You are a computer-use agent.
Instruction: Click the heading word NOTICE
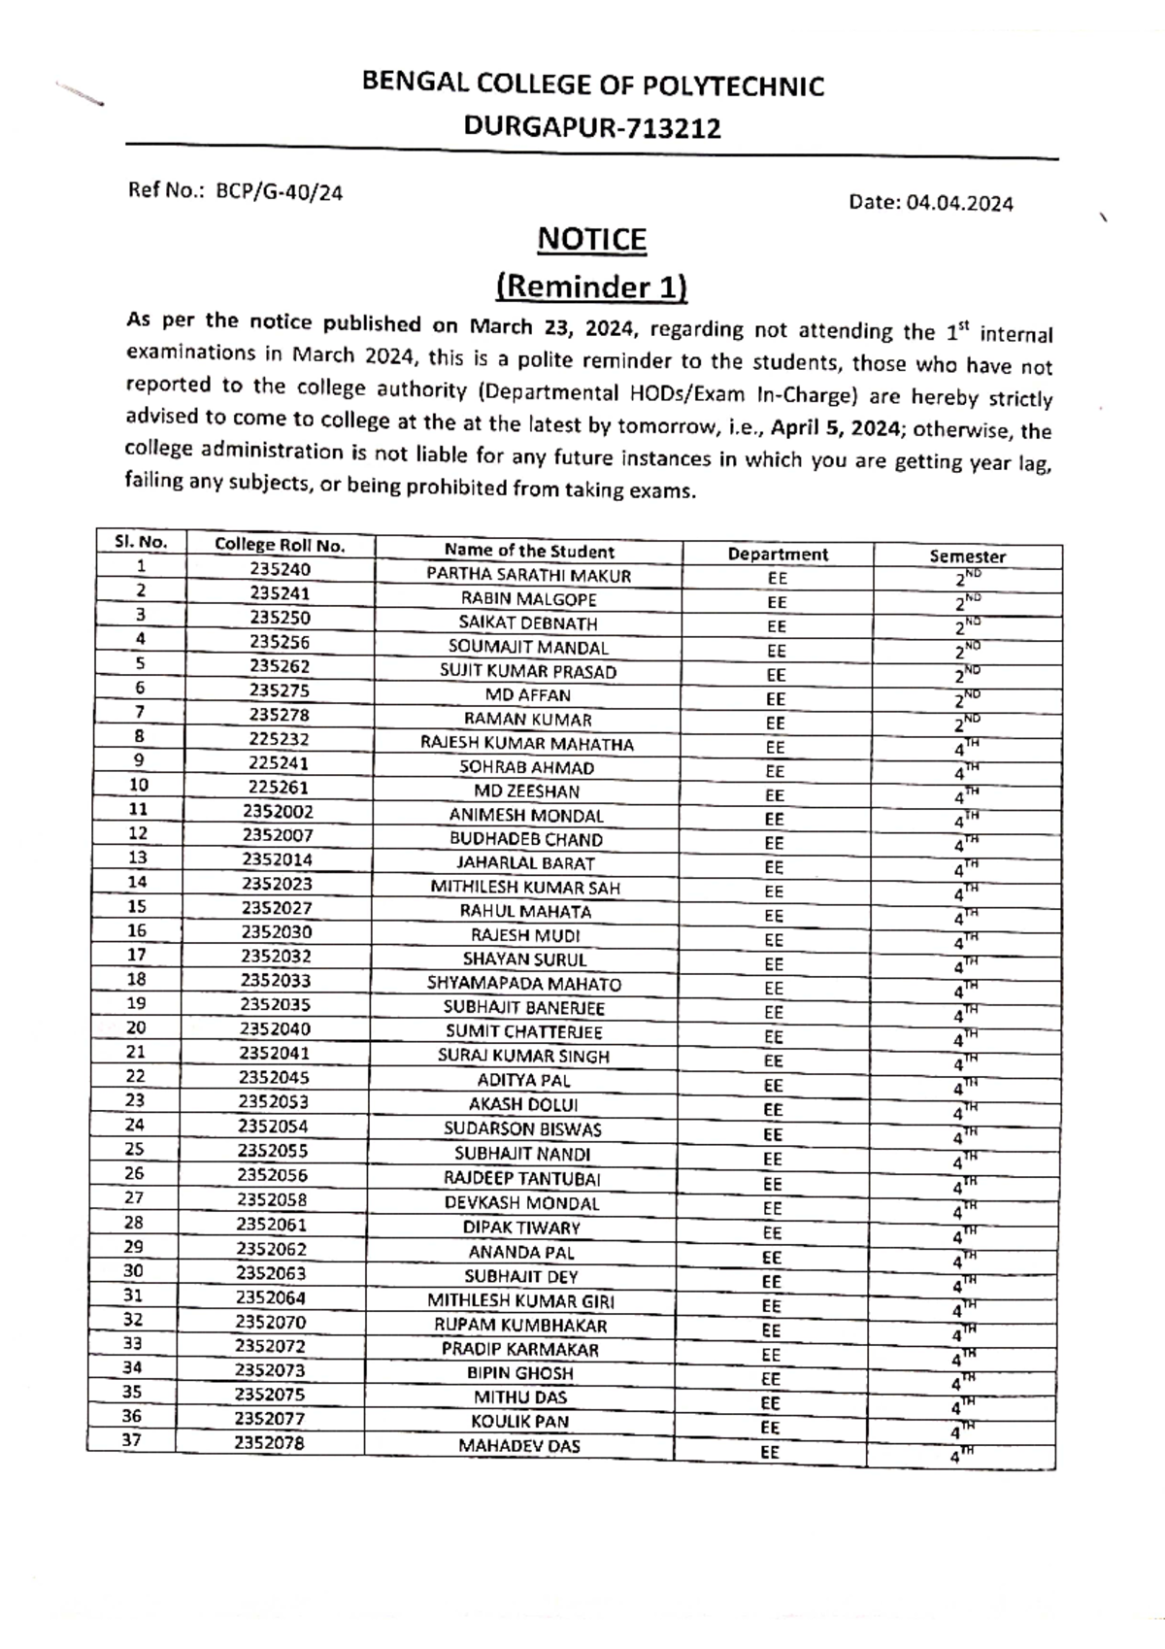[591, 239]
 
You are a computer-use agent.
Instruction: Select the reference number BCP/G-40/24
[280, 191]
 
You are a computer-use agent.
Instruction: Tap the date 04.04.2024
[959, 203]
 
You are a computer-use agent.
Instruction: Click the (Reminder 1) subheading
[591, 286]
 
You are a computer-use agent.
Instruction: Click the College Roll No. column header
[280, 546]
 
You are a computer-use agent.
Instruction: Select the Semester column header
[967, 556]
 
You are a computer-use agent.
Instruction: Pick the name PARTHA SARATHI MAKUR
[528, 575]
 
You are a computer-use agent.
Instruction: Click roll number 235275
[280, 690]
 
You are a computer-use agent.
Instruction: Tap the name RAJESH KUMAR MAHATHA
[526, 744]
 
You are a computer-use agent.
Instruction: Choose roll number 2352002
[278, 812]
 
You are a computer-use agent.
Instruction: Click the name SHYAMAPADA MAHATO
[524, 984]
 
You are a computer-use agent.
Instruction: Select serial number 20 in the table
[136, 1027]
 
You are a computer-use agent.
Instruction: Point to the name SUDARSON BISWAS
[522, 1129]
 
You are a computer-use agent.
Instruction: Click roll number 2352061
[271, 1225]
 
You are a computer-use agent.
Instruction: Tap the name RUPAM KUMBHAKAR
[520, 1326]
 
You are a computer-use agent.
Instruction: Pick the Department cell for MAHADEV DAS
[769, 1453]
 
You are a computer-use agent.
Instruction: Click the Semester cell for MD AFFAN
[966, 699]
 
